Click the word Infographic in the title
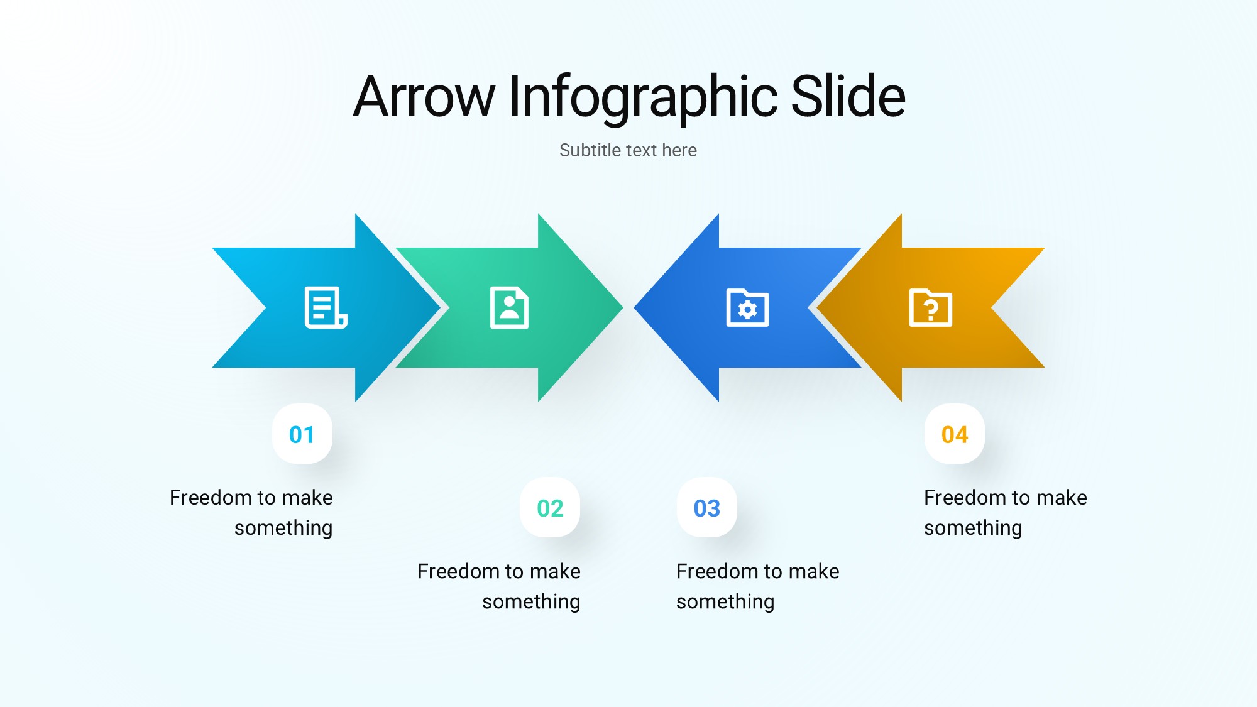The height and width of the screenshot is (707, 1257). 643,98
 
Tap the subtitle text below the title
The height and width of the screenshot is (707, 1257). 628,150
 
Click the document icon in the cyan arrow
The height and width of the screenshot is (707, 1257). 326,307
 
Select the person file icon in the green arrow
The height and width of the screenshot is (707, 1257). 509,307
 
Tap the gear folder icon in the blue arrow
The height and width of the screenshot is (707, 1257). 747,307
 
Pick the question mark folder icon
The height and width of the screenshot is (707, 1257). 931,307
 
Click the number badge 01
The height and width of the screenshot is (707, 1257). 302,434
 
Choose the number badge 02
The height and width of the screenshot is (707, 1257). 550,508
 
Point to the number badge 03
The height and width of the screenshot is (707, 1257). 707,508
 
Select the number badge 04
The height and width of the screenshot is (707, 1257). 955,434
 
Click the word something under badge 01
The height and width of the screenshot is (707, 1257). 283,529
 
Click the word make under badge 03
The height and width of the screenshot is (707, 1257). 814,571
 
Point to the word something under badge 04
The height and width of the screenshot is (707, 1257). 973,529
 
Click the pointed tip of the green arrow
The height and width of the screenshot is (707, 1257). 623,308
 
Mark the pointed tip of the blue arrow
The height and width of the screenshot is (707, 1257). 634,308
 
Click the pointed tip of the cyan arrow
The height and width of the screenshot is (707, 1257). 440,308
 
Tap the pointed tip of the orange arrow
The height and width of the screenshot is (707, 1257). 816,308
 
